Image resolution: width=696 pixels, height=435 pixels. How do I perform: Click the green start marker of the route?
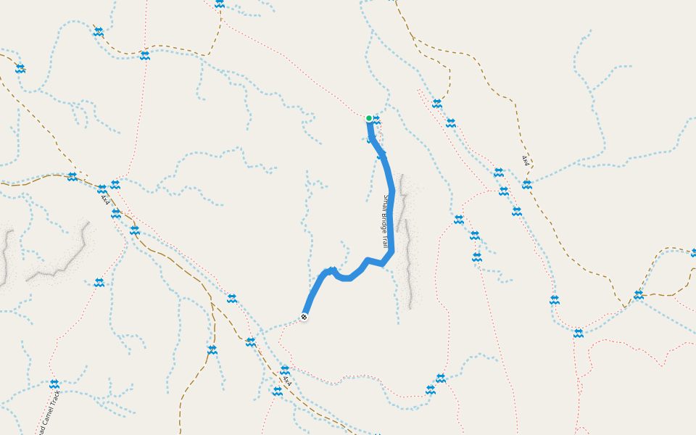(369, 118)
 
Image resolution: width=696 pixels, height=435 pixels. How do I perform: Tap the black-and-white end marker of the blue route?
(304, 317)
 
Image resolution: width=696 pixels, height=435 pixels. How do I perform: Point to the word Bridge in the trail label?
(385, 221)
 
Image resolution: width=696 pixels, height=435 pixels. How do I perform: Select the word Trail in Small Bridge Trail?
(384, 241)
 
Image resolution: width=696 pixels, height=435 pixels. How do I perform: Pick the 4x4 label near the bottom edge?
(287, 380)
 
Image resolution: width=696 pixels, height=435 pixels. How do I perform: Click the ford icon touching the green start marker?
(376, 120)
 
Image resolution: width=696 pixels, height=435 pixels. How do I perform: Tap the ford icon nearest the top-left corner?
(20, 69)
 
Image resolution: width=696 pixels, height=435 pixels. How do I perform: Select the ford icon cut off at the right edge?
(693, 253)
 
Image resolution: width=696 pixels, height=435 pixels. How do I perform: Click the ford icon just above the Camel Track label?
(54, 384)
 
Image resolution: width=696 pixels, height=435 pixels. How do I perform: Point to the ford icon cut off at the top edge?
(219, 4)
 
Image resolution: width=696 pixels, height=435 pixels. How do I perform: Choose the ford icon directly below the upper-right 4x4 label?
(527, 185)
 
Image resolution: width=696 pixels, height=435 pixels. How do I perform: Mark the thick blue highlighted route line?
(390, 217)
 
